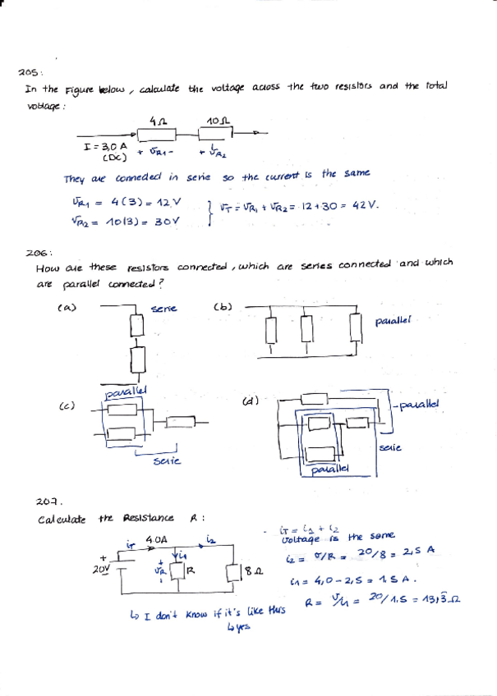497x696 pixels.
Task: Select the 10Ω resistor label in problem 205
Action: point(217,121)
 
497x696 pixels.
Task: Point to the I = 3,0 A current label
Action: point(105,145)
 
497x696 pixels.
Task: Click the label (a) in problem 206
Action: point(65,308)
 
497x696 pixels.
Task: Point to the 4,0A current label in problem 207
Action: point(156,539)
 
